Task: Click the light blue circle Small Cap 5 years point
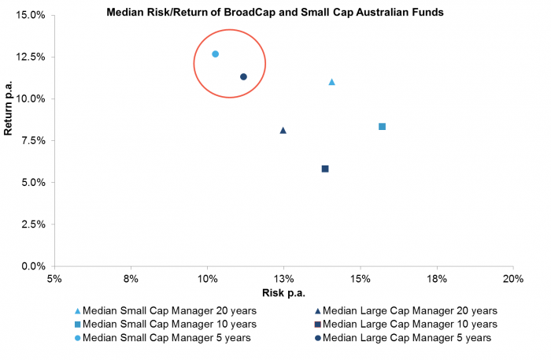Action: pyautogui.click(x=215, y=54)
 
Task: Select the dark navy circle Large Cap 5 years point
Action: pyautogui.click(x=243, y=76)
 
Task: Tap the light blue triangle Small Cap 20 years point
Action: pyautogui.click(x=331, y=82)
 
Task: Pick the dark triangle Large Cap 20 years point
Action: pyautogui.click(x=283, y=131)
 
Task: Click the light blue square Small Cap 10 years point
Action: pyautogui.click(x=382, y=127)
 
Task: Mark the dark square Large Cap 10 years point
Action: pyautogui.click(x=324, y=169)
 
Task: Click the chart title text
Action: pyautogui.click(x=275, y=12)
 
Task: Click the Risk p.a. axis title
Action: pyautogui.click(x=283, y=293)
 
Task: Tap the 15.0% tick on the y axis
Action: pyautogui.click(x=29, y=15)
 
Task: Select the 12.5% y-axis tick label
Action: pyautogui.click(x=29, y=57)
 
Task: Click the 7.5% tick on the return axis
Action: pyautogui.click(x=31, y=141)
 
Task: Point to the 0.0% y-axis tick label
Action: pyautogui.click(x=31, y=266)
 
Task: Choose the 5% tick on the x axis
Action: pyautogui.click(x=54, y=280)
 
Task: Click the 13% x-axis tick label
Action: pyautogui.click(x=283, y=280)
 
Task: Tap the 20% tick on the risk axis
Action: pyautogui.click(x=512, y=280)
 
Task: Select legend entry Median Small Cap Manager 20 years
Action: pyautogui.click(x=170, y=310)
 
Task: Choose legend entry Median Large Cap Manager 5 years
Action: pyautogui.click(x=406, y=338)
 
